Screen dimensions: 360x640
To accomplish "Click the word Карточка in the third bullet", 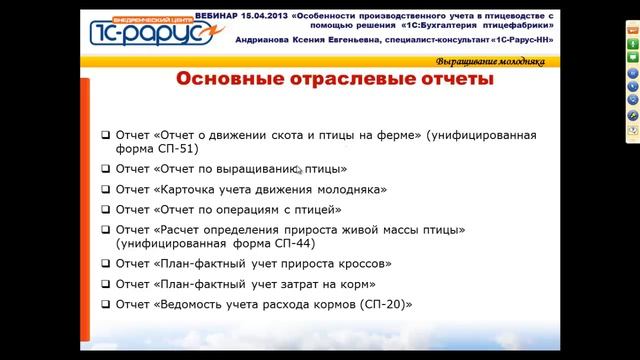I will point(189,189).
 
